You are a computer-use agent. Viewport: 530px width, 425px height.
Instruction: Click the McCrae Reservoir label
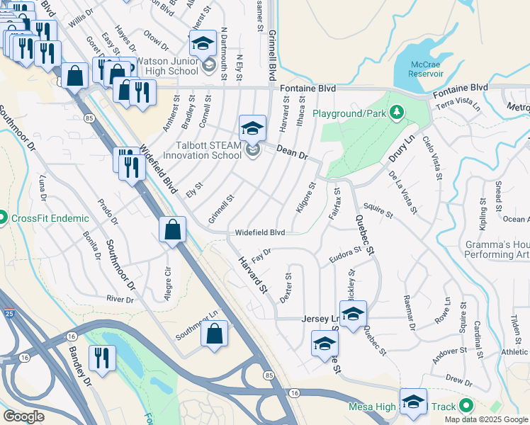427,69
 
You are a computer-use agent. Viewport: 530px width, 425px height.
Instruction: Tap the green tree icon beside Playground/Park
397,112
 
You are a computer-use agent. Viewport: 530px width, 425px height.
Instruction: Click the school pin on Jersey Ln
353,312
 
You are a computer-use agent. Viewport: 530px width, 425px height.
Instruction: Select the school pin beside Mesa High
413,401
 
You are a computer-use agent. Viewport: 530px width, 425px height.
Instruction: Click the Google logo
23,416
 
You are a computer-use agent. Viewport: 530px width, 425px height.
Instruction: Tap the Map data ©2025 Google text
485,419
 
